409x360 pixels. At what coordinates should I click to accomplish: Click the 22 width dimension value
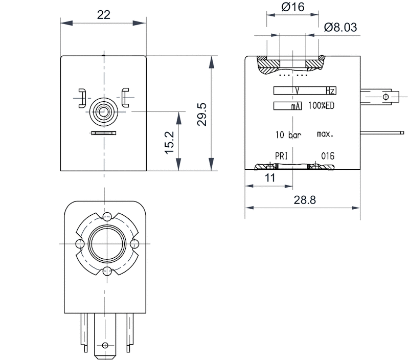tap(103, 14)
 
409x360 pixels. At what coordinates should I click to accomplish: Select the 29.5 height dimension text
tap(202, 114)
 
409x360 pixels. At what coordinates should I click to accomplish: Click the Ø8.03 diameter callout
tap(340, 26)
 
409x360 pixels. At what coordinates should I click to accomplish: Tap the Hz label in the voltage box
tap(331, 91)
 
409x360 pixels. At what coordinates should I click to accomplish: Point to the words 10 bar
tap(288, 135)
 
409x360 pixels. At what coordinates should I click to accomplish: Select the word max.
tap(325, 134)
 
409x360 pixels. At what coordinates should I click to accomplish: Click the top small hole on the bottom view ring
tap(107, 217)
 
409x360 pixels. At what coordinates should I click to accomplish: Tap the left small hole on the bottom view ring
tap(79, 243)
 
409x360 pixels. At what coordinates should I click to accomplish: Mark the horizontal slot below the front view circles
tap(104, 133)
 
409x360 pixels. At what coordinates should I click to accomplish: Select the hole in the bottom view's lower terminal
tap(105, 345)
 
